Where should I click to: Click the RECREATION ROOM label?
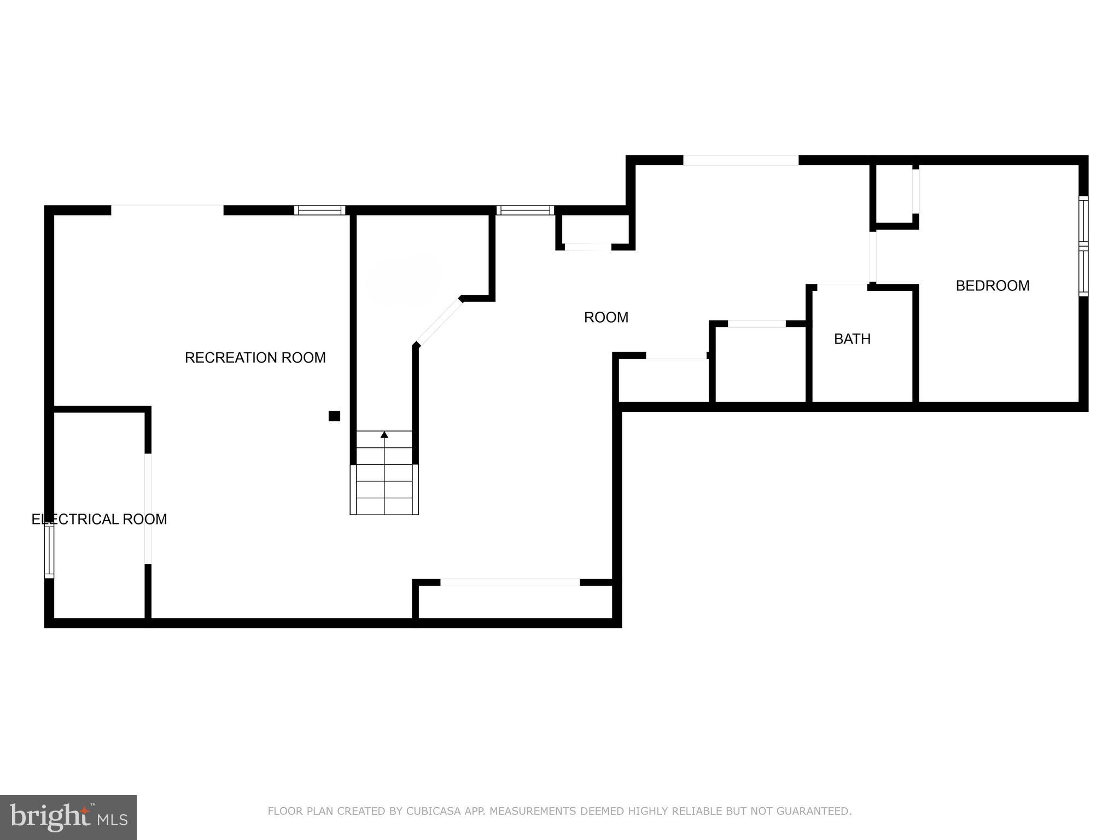(255, 358)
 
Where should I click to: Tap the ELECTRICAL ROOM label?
(99, 519)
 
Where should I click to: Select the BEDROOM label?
(992, 285)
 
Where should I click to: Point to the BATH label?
(852, 339)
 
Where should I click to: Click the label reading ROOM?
(606, 317)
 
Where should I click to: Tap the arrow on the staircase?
(384, 435)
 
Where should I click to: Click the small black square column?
(334, 416)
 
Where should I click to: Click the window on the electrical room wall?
(49, 551)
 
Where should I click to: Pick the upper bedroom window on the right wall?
(1083, 221)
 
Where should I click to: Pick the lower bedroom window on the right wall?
(1083, 271)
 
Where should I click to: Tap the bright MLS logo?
(68, 817)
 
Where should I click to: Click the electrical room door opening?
(148, 509)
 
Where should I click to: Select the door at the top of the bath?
(842, 285)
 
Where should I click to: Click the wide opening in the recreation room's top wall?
(167, 209)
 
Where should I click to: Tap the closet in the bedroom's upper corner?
(894, 194)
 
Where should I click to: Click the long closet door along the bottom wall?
(510, 582)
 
